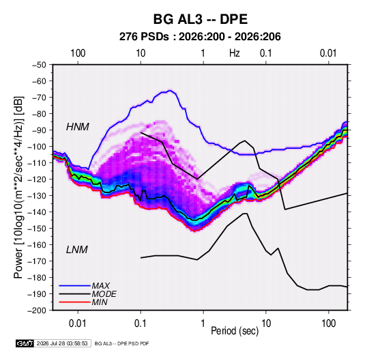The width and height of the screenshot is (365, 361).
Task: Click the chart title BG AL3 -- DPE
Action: (x=200, y=19)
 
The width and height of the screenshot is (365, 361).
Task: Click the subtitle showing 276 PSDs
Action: (x=200, y=37)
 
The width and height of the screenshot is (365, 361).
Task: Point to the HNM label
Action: (x=78, y=127)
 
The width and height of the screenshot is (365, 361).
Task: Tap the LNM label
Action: (x=77, y=250)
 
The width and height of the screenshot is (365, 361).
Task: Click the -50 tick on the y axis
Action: (x=39, y=65)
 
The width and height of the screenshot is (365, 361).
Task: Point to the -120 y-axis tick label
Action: (x=37, y=179)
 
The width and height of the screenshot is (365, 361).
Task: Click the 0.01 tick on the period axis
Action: (x=78, y=323)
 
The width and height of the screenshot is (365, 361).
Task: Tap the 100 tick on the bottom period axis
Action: (x=328, y=323)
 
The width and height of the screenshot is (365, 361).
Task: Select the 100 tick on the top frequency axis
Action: (x=78, y=53)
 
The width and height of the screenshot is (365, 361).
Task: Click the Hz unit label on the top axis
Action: (x=235, y=53)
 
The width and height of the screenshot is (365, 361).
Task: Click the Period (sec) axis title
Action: (x=235, y=331)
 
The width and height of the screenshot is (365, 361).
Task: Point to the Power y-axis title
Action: (x=18, y=187)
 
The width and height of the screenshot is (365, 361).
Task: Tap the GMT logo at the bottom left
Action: (x=25, y=343)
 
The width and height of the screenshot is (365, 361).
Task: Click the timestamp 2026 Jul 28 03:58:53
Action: (x=62, y=343)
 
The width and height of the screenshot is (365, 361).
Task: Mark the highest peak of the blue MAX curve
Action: (x=170, y=91)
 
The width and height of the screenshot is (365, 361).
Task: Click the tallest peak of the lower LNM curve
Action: (x=245, y=214)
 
